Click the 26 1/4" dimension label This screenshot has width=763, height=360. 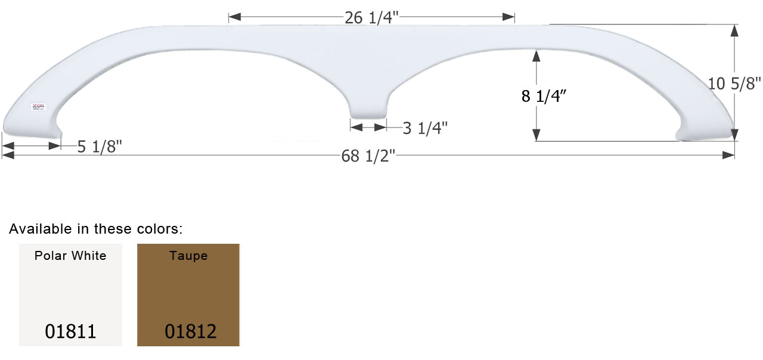click(x=371, y=18)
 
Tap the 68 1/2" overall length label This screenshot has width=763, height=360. click(x=368, y=156)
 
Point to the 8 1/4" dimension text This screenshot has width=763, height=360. click(x=544, y=96)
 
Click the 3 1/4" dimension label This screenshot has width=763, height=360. click(x=425, y=128)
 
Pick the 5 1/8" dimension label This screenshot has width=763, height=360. click(x=100, y=146)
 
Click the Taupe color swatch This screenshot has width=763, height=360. click(x=188, y=295)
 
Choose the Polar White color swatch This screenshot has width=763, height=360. click(x=70, y=295)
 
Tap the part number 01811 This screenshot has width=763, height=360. click(x=70, y=331)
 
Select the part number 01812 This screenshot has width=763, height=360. click(x=190, y=331)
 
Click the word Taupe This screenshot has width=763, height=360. click(x=188, y=256)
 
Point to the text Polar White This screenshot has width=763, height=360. click(x=70, y=256)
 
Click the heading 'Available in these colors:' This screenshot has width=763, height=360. click(x=96, y=228)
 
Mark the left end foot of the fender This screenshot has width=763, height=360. click(x=30, y=127)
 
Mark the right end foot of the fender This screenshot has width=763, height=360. click(x=706, y=132)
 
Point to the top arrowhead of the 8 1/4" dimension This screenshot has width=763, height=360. click(x=536, y=55)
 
